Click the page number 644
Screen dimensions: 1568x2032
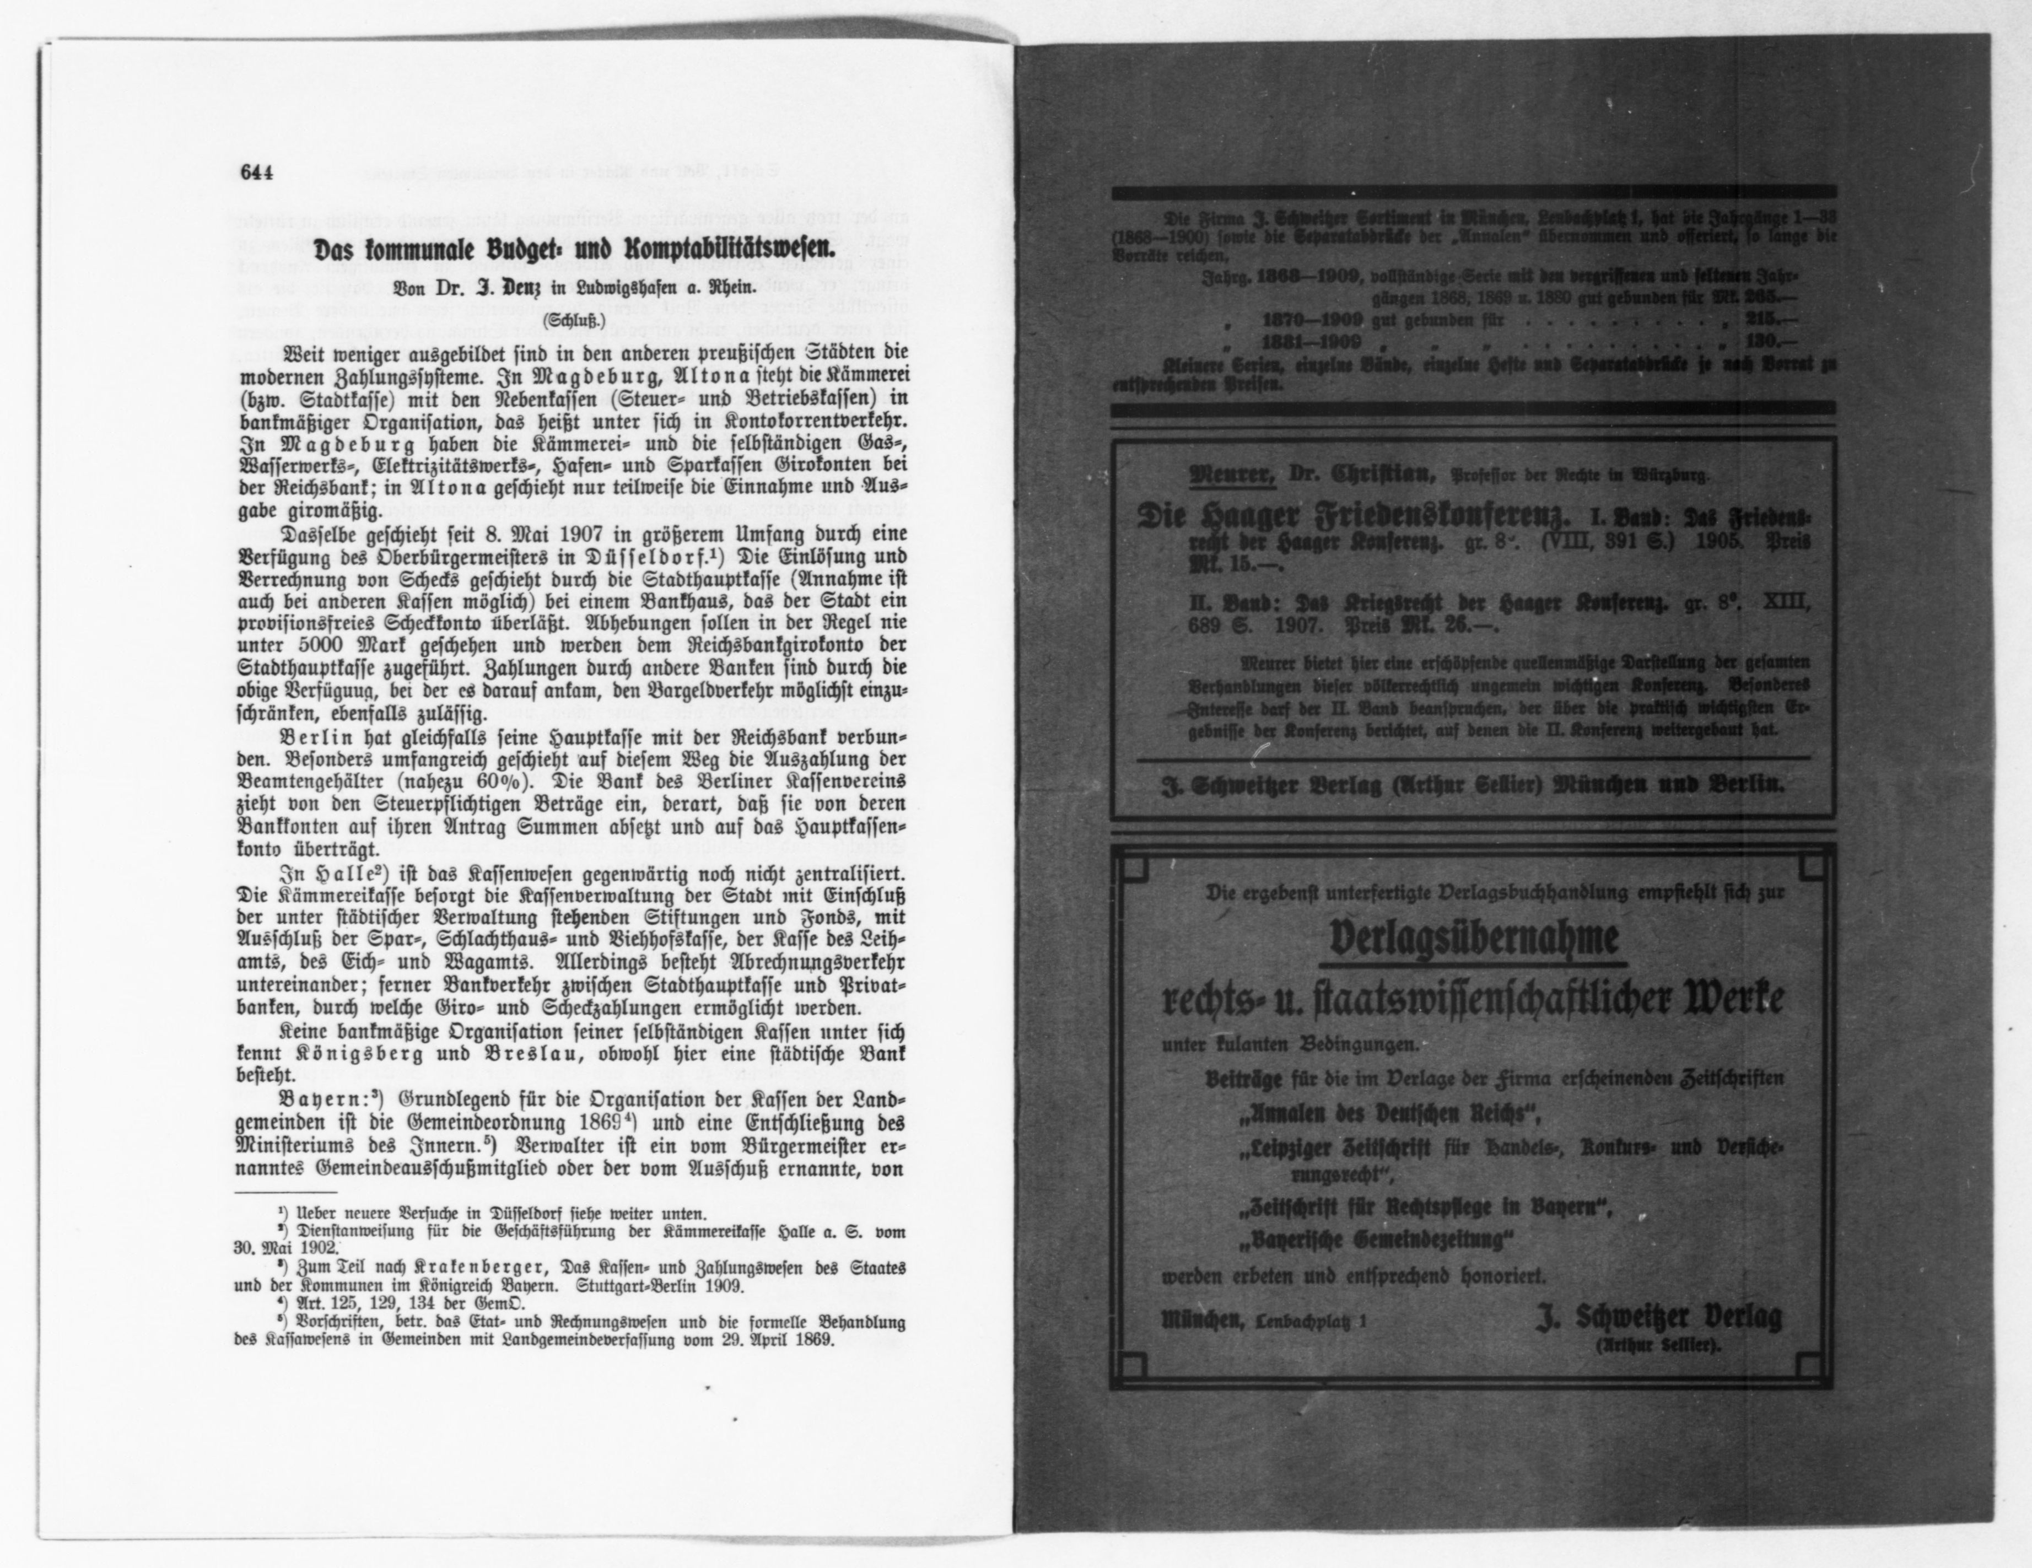pyautogui.click(x=255, y=173)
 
